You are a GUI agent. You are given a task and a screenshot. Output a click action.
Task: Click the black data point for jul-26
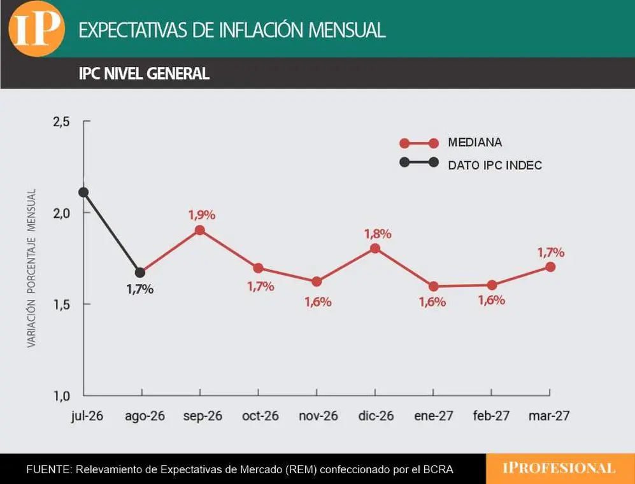coord(83,192)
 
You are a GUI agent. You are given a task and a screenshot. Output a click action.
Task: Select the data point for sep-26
coord(199,231)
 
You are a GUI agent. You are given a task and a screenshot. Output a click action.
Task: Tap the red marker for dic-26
coord(375,248)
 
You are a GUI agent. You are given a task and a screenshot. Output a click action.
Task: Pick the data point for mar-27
coord(550,267)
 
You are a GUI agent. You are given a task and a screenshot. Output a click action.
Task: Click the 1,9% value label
coord(202,215)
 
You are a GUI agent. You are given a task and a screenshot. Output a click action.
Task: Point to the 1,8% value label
coord(378,234)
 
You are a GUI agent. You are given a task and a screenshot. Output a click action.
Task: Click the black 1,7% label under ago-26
coord(139,289)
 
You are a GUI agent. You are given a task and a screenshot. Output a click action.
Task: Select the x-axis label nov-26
coord(318,416)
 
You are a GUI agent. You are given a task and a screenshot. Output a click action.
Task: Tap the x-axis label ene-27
coord(433,416)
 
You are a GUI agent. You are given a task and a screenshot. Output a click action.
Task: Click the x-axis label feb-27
coord(491,416)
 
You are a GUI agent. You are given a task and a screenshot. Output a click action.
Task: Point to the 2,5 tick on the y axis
coord(61,122)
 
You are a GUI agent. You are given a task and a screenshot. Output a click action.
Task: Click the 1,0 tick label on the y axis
coord(62,395)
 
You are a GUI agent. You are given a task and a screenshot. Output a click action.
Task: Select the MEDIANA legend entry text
coord(475,142)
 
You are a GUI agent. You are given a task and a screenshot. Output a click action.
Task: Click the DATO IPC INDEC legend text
coord(495,165)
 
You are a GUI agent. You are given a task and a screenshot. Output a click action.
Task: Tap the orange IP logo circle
coord(37,29)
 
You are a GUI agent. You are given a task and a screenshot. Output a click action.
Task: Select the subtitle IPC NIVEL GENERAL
coord(144,74)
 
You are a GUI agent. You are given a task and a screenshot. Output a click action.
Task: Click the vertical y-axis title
coord(32,268)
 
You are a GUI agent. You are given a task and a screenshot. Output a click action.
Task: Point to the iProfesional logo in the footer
coord(559,468)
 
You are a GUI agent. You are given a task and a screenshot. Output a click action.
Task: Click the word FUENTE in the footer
coord(49,469)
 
